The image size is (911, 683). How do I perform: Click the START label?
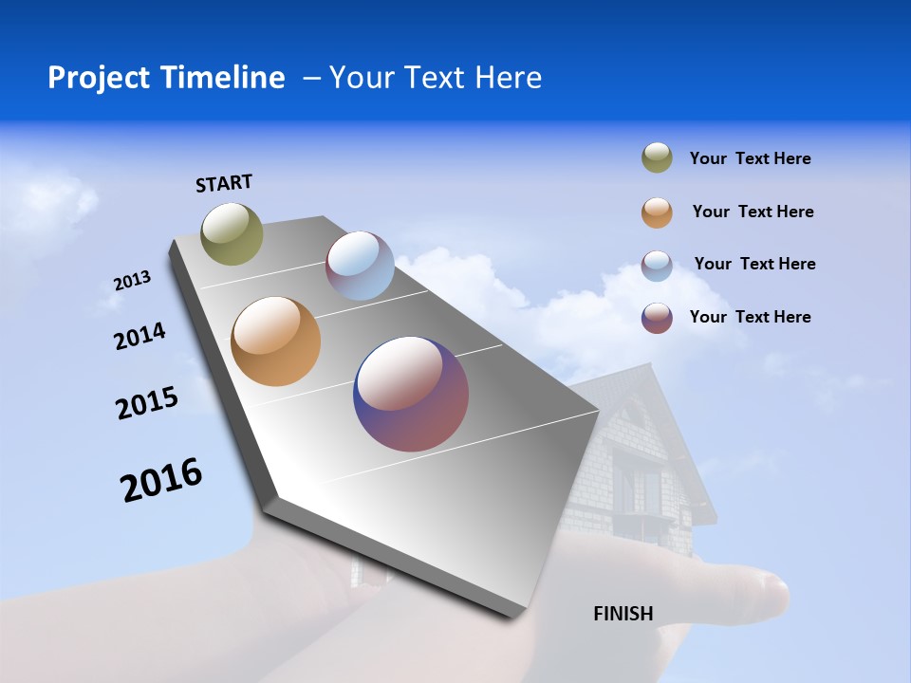224,183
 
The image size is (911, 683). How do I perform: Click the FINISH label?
623,614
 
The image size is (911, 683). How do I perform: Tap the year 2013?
132,281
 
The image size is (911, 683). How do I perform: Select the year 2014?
139,336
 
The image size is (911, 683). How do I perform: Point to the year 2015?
147,403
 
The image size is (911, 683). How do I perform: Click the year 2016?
161,479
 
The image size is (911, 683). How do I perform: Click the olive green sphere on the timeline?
232,233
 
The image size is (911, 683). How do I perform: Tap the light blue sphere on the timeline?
360,266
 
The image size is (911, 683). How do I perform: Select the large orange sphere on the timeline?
275,341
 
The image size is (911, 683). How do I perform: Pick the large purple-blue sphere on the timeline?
411,394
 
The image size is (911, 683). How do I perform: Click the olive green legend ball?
657,158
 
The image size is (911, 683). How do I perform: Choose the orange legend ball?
657,212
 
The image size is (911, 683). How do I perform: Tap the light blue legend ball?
657,266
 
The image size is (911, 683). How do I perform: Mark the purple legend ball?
657,318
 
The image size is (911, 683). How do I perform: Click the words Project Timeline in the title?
166,78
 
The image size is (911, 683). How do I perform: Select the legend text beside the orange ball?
753,212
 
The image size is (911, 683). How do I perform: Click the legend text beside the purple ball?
750,317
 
